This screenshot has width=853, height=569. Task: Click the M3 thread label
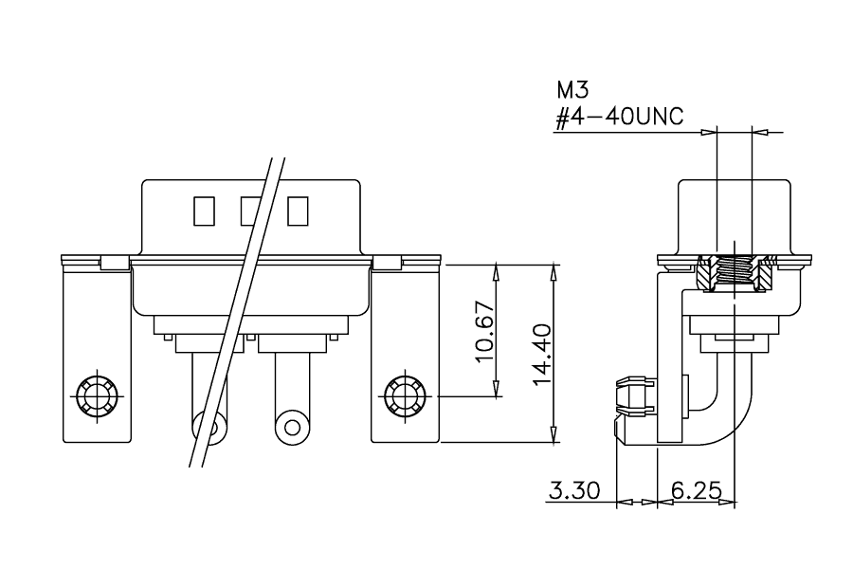572,90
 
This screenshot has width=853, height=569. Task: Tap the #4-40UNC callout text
619,117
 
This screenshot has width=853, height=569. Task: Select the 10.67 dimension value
484,331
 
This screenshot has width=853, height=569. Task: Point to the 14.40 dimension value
542,355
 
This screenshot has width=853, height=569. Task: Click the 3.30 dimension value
574,490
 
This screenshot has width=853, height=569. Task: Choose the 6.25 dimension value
697,490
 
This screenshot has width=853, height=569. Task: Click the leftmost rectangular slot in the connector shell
204,211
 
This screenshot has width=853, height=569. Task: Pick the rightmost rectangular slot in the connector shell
298,211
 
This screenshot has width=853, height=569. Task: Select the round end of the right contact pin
293,426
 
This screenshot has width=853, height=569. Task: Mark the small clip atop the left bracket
115,263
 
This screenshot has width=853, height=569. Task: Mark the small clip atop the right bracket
387,263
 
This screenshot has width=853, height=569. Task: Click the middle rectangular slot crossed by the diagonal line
251,211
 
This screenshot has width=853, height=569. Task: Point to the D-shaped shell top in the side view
735,217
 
